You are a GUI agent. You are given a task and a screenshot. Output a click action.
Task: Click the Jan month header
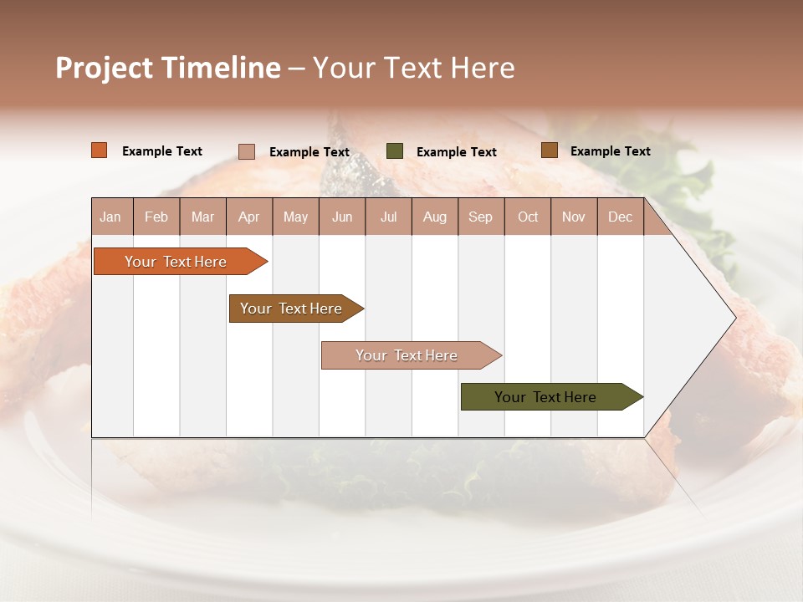tap(111, 217)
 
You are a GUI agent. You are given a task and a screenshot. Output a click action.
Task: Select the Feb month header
tap(156, 217)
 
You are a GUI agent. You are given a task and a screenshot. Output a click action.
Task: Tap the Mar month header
tap(202, 217)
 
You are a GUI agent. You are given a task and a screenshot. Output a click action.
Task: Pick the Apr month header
tap(249, 217)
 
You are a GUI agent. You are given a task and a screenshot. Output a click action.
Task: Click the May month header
tap(295, 217)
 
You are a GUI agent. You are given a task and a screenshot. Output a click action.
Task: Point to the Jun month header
tap(342, 217)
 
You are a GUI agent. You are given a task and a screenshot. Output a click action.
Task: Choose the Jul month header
tap(388, 217)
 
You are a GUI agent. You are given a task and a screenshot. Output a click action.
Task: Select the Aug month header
tap(435, 217)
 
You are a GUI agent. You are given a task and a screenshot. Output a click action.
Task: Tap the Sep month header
tap(481, 217)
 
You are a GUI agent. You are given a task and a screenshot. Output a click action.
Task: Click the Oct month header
tap(528, 217)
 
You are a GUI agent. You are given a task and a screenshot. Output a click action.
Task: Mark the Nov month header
tap(574, 217)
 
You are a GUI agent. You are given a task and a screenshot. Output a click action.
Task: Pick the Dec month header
tap(621, 217)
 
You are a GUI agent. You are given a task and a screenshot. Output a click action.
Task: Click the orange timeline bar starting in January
tap(176, 262)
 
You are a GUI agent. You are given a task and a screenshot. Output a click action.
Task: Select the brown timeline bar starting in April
tap(292, 309)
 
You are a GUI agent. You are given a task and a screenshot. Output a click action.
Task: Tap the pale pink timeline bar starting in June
tap(407, 355)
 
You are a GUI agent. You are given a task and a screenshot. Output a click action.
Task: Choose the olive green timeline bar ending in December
tap(546, 397)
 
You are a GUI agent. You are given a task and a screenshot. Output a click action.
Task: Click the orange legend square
tap(100, 150)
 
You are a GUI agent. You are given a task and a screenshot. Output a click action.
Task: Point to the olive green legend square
tap(395, 151)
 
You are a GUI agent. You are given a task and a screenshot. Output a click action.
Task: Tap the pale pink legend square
tap(247, 151)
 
